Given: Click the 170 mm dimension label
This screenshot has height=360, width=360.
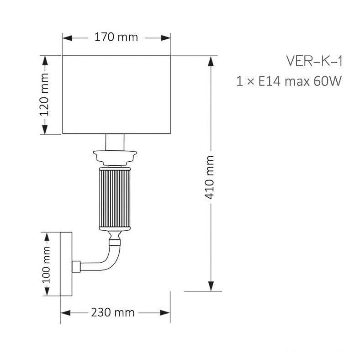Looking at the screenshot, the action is (x=116, y=37).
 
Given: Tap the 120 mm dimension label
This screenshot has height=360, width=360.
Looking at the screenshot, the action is (x=44, y=95).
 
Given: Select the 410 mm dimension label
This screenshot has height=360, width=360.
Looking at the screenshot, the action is (x=209, y=177).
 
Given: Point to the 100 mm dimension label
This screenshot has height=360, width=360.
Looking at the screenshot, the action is (x=46, y=265).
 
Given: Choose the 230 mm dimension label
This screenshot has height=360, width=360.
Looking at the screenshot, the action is (x=113, y=312).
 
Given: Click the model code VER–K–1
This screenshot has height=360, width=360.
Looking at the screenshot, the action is (x=314, y=61).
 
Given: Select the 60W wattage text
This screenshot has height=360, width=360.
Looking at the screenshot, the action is (x=328, y=81).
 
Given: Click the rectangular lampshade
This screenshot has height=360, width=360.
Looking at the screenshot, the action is (x=116, y=95).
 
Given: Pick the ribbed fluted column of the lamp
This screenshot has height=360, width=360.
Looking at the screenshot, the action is (x=115, y=199).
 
